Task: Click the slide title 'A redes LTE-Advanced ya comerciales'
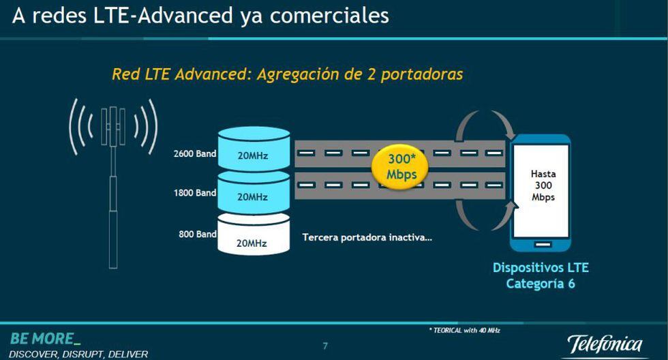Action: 200,15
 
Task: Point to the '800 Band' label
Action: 197,235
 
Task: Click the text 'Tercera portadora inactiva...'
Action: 367,238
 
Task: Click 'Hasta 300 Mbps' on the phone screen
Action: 543,186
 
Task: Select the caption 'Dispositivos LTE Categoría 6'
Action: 541,275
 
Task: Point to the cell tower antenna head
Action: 114,125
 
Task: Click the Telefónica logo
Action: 604,344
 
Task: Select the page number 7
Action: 325,345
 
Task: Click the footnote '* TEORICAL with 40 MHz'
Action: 464,331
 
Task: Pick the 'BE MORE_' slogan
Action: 46,339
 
